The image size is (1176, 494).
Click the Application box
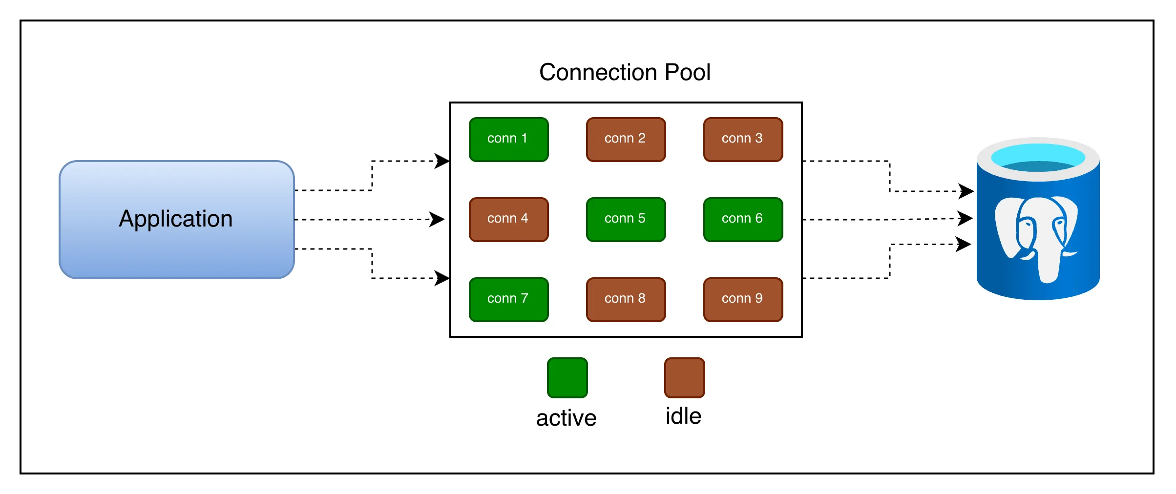tap(176, 219)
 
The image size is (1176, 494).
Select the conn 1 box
tap(508, 139)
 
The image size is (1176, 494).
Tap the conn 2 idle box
tap(626, 139)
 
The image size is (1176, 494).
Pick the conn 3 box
tap(743, 139)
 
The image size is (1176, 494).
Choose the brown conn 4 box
tap(508, 219)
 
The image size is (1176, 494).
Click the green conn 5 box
tap(626, 219)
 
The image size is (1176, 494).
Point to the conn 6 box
tap(743, 219)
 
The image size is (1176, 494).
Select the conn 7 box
tap(508, 299)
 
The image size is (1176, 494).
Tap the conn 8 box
tap(626, 299)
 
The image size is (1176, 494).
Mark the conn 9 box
tap(743, 299)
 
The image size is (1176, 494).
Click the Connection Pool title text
tap(625, 72)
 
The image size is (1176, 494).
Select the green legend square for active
tap(567, 377)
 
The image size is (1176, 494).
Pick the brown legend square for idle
tap(684, 377)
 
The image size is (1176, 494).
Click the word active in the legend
tap(566, 418)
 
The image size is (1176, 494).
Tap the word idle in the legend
tap(683, 416)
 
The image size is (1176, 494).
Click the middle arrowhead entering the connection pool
tap(437, 219)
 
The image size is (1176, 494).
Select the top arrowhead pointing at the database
tap(966, 191)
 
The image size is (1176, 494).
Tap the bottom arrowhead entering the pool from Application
tap(442, 278)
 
